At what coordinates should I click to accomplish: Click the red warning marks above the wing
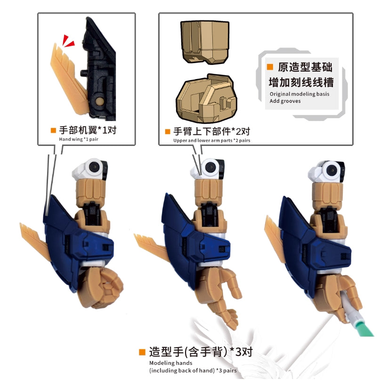pyautogui.click(x=68, y=41)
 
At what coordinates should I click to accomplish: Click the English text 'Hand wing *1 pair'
pyautogui.click(x=80, y=139)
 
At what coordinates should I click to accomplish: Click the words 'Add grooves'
pyautogui.click(x=284, y=101)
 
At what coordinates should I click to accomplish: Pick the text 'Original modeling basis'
pyautogui.click(x=299, y=94)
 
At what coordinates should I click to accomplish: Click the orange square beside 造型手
pyautogui.click(x=142, y=352)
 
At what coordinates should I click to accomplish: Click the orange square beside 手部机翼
pyautogui.click(x=53, y=130)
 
